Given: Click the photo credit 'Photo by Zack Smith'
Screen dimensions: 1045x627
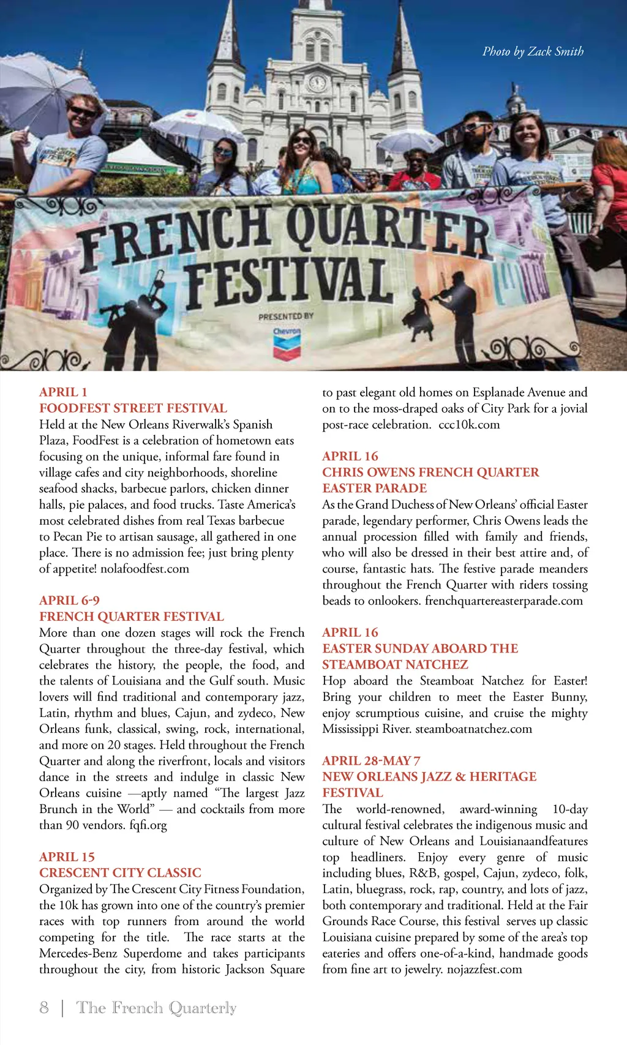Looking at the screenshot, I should (x=533, y=51).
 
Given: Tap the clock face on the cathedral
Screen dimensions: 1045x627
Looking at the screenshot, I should (x=317, y=83).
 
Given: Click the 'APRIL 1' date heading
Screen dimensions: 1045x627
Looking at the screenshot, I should (x=63, y=392).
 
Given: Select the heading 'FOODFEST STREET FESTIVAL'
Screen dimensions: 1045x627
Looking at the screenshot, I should (x=133, y=408).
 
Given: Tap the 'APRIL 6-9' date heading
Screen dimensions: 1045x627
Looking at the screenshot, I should (x=69, y=601).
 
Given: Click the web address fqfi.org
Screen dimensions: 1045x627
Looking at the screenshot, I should (x=148, y=825).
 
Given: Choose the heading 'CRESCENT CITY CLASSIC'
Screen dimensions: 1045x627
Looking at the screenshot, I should (x=120, y=873).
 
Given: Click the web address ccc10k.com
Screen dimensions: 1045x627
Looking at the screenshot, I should (x=469, y=425).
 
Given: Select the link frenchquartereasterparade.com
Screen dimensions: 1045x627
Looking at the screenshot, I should (x=504, y=601).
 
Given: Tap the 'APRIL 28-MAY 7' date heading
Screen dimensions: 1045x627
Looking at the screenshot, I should (x=371, y=761).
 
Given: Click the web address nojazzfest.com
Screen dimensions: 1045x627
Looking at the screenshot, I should (x=484, y=970).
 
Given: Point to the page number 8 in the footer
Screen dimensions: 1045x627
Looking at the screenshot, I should (x=44, y=1008).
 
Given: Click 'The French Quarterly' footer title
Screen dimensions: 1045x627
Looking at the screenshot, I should (x=156, y=1008).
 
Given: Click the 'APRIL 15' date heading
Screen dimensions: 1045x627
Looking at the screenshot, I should (x=67, y=857).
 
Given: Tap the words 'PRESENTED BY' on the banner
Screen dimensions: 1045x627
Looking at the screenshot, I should (x=285, y=316).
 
